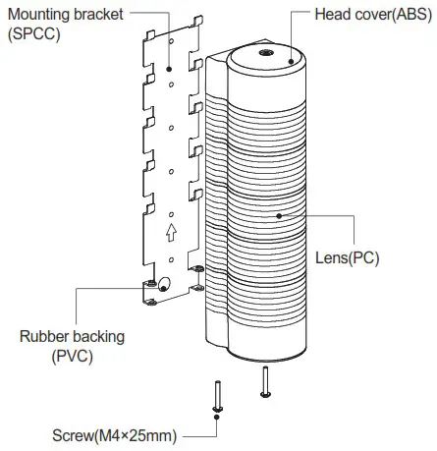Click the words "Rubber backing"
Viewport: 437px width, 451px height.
pos(73,337)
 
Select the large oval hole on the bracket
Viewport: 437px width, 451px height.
pos(163,286)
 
